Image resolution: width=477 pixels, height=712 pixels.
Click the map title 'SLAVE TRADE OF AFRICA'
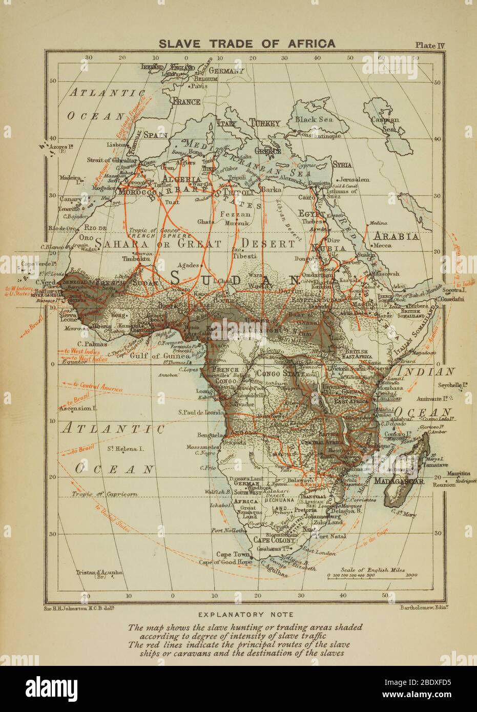[x=247, y=43]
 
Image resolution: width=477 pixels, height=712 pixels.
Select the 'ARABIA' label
[x=398, y=237]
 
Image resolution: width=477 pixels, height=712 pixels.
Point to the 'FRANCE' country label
[x=185, y=102]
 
